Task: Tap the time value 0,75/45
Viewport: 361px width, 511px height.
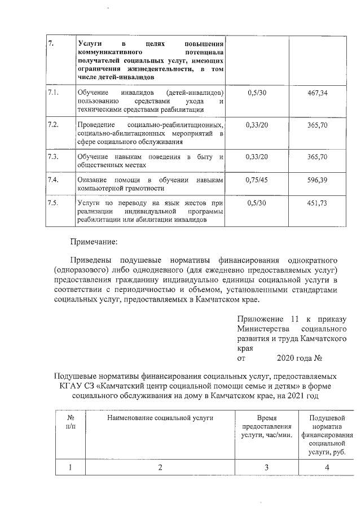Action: pyautogui.click(x=257, y=180)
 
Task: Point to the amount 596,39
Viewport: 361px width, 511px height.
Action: pyautogui.click(x=318, y=180)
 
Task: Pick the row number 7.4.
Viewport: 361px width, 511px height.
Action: pyautogui.click(x=54, y=180)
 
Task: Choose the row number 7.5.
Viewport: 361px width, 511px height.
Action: pyautogui.click(x=54, y=203)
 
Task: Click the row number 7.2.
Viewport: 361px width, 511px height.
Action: pyautogui.click(x=54, y=124)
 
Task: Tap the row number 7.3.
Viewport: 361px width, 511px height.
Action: pyautogui.click(x=54, y=156)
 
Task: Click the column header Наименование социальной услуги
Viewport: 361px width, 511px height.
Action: pyautogui.click(x=160, y=418)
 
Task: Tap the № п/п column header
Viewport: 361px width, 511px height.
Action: pyautogui.click(x=71, y=422)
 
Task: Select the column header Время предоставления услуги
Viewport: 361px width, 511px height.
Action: pyautogui.click(x=266, y=427)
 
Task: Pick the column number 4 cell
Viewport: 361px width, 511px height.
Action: pyautogui.click(x=327, y=467)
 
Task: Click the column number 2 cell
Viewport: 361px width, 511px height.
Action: pyautogui.click(x=160, y=467)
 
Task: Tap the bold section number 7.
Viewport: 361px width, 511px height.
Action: pyautogui.click(x=51, y=44)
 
